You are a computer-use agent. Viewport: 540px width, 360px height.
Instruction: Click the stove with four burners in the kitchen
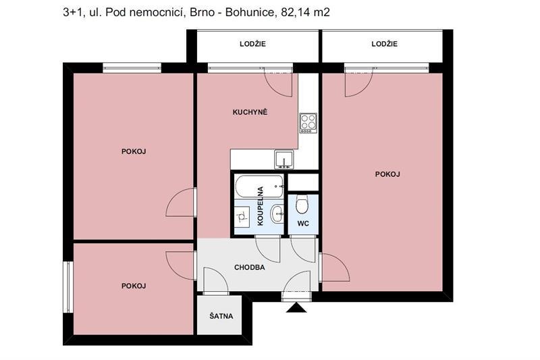coord(308,122)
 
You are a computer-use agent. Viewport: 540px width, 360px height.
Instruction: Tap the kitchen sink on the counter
coord(283,160)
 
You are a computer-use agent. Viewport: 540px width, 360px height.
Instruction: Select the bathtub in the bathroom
coord(259,184)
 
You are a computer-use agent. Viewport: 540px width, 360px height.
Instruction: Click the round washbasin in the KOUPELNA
coord(276,215)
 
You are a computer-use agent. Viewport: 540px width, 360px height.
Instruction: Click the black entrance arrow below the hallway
coord(296,308)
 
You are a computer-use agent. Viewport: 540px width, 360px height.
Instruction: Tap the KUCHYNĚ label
coord(250,112)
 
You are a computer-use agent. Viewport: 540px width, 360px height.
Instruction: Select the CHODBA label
coord(249,267)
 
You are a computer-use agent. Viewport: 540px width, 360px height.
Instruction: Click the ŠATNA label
coord(221,315)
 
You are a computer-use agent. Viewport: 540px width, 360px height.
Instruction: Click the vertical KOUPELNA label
coord(259,207)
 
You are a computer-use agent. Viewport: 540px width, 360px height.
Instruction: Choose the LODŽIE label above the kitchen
coord(252,44)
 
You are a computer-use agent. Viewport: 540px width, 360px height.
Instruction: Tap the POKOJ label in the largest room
coord(387,174)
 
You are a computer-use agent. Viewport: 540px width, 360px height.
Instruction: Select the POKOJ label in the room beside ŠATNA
coord(134,286)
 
